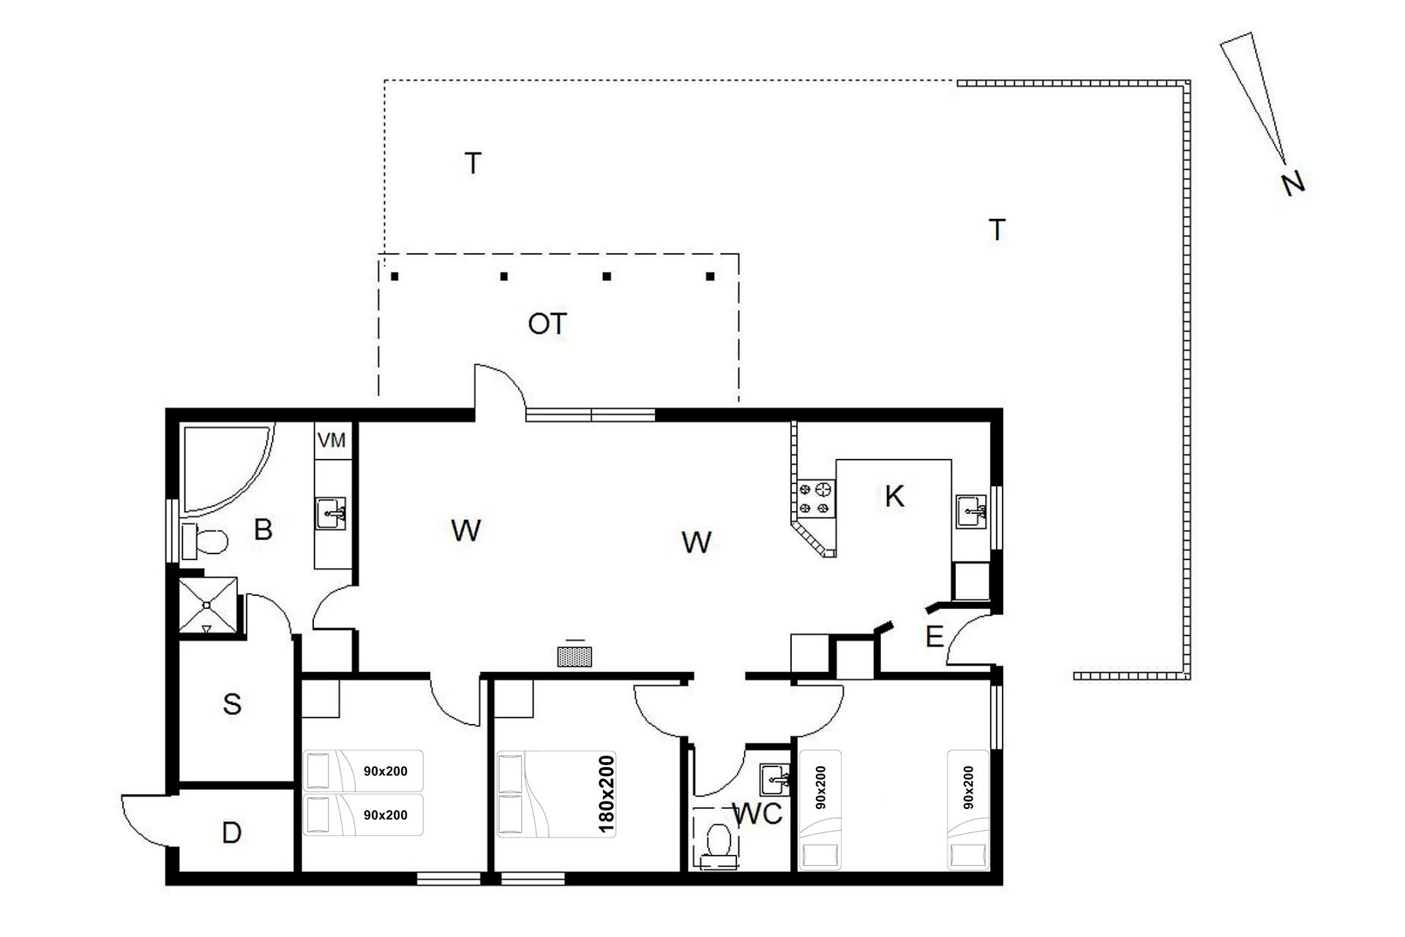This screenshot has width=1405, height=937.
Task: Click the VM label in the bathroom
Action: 331,441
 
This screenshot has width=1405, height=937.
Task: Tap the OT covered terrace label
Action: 547,324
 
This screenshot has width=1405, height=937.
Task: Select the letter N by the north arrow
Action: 1293,184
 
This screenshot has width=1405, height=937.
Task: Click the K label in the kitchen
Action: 894,496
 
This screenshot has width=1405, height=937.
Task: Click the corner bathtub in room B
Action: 227,468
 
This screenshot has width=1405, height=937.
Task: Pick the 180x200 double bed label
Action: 607,794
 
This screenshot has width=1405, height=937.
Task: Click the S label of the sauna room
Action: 232,704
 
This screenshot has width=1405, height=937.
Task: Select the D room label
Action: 231,833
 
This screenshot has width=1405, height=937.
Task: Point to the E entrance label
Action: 934,638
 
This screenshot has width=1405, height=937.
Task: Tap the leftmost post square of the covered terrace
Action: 394,277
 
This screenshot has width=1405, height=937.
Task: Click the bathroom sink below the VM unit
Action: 331,513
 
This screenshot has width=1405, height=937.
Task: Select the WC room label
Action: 757,813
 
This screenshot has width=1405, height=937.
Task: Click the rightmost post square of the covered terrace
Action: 710,277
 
